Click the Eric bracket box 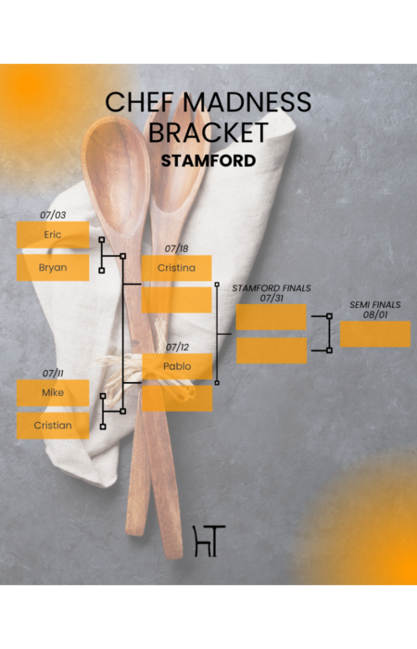click(x=53, y=235)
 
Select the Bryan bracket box click(x=53, y=267)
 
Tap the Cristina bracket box click(x=176, y=268)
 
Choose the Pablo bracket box click(x=177, y=366)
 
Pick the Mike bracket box click(x=53, y=393)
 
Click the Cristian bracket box click(x=53, y=426)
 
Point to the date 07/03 click(x=53, y=215)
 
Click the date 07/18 click(x=177, y=248)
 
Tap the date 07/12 click(x=178, y=348)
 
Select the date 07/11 click(x=53, y=374)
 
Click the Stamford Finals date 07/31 click(x=272, y=298)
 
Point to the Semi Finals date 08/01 click(x=375, y=314)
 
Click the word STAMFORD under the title click(x=208, y=160)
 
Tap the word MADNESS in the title click(x=247, y=102)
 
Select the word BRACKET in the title click(x=208, y=133)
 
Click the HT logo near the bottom click(x=209, y=541)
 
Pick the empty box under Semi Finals click(x=375, y=334)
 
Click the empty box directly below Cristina click(x=176, y=300)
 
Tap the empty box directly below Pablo click(x=177, y=399)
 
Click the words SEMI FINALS click(x=375, y=305)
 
